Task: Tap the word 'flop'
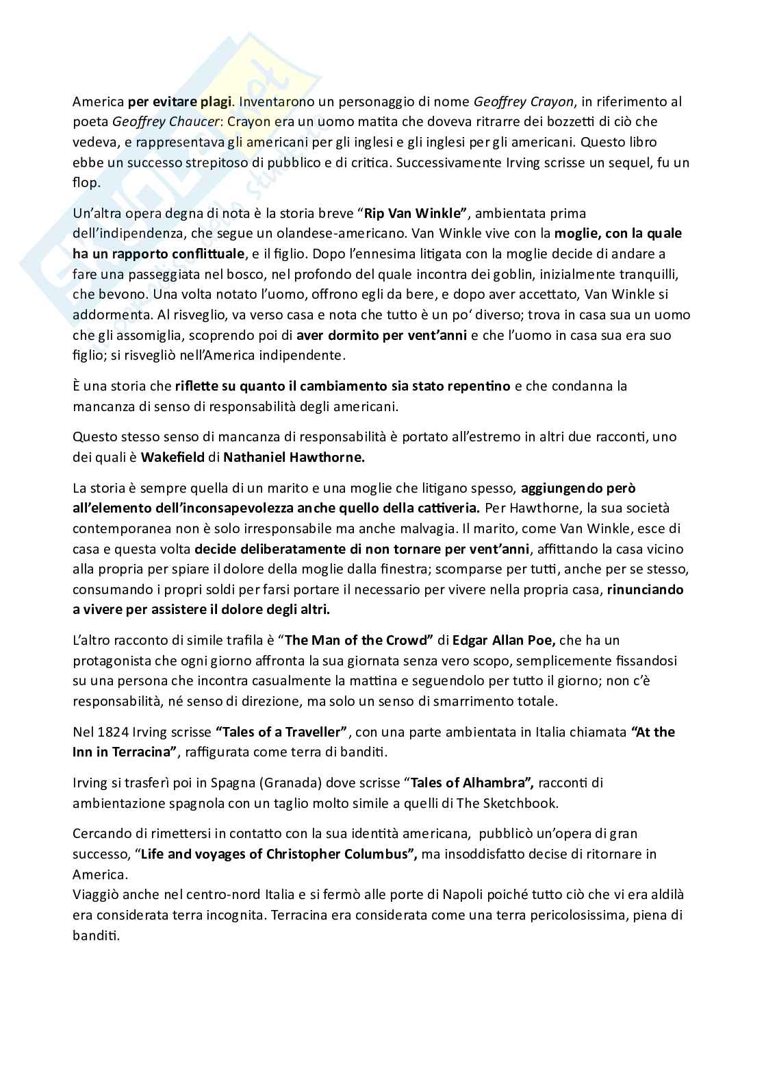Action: pos(86,183)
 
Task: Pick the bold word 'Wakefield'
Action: pos(173,457)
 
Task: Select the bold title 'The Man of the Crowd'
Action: pos(359,640)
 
